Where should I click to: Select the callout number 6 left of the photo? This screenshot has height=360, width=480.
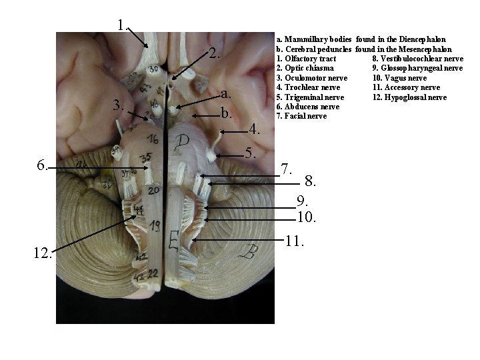tap(41, 165)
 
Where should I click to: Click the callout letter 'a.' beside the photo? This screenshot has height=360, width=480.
tap(227, 93)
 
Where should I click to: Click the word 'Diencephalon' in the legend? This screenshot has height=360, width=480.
tap(423, 40)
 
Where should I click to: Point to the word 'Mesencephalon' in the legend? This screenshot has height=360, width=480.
tap(428, 49)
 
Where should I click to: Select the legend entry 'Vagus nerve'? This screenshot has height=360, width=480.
tap(405, 78)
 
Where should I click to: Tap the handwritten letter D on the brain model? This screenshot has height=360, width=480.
tap(183, 141)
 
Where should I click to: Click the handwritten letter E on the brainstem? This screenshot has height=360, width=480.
tap(174, 240)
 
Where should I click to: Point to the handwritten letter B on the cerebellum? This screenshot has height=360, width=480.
tap(252, 253)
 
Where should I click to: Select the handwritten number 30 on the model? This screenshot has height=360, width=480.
tap(154, 69)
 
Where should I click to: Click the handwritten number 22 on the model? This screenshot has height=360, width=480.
tap(153, 273)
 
